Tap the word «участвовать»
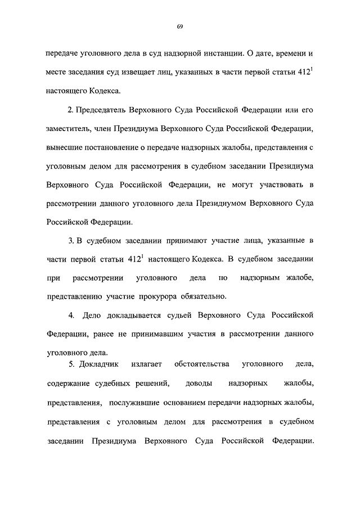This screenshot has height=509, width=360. click(276, 183)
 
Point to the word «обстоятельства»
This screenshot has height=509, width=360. click(202, 364)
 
